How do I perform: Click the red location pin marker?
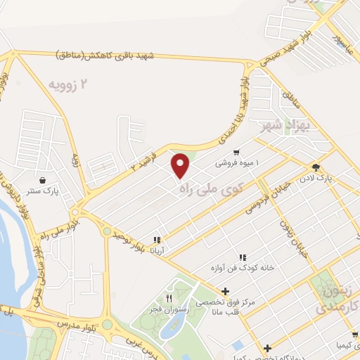181,165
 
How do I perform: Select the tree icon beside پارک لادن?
316,167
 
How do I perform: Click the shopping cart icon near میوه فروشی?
237,151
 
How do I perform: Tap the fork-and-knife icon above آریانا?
157,239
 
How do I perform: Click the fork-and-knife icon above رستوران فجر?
168,298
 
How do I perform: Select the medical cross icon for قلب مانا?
224,291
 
